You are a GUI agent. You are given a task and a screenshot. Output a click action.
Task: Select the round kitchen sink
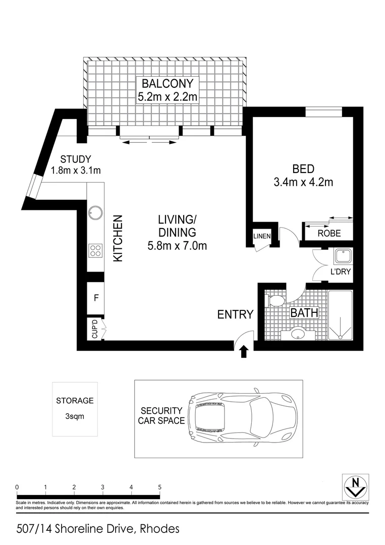(95, 212)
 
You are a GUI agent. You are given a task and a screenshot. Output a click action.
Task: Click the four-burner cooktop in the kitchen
(95, 250)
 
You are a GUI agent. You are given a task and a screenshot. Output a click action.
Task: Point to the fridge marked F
(95, 297)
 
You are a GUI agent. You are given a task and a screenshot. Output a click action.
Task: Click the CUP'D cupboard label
(94, 330)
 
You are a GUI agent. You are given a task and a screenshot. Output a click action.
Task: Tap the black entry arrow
(244, 351)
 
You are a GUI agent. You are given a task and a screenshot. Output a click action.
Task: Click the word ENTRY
(235, 314)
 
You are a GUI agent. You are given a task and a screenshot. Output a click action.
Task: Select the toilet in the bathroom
(275, 302)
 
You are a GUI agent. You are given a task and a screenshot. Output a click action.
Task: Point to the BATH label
(304, 313)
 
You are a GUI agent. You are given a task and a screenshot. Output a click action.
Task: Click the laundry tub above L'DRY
(343, 257)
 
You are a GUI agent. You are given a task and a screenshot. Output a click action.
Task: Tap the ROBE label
(329, 233)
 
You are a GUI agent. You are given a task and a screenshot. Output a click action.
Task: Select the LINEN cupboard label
(262, 236)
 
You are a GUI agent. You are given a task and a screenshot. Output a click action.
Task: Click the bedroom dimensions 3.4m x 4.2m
(303, 182)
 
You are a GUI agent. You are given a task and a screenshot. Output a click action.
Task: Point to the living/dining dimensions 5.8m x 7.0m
(177, 246)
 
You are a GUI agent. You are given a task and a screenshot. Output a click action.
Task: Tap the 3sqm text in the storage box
(75, 417)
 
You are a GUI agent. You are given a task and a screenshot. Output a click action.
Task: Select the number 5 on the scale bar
(159, 487)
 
